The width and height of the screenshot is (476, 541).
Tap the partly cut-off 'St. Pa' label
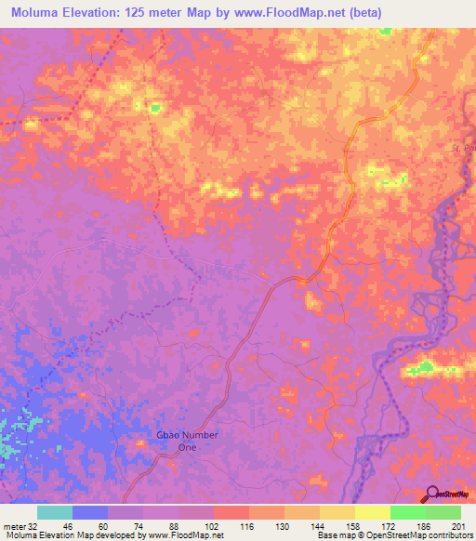[462, 149]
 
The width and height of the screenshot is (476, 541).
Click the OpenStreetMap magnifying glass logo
[432, 495]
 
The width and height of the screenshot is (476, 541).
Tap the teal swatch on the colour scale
[54, 512]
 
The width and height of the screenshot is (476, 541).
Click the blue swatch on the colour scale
[89, 512]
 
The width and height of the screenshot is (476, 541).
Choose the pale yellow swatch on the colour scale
[372, 512]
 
